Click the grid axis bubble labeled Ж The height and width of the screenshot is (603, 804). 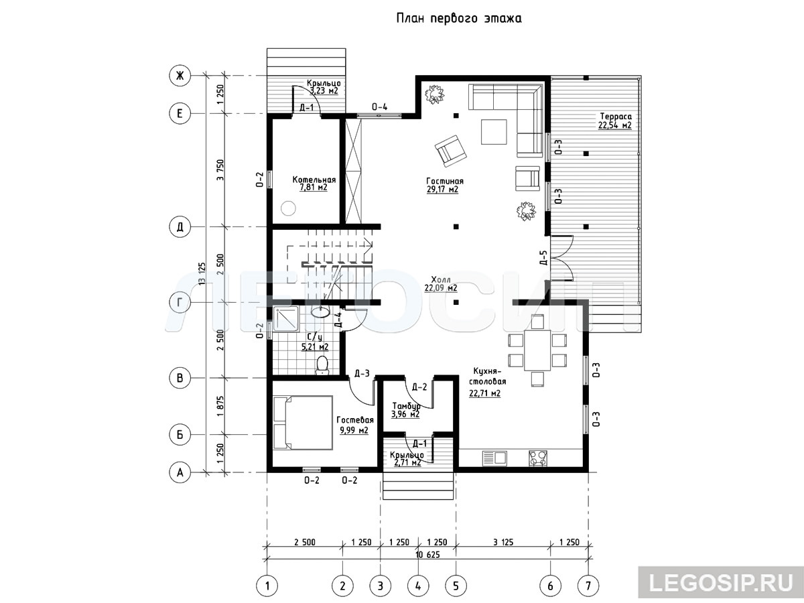pos(180,76)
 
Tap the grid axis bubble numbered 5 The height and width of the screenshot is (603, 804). pos(456,586)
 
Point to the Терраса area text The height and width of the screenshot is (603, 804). pos(615,121)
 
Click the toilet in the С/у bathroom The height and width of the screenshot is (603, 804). pos(322,365)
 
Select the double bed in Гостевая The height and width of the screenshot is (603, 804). pos(303,422)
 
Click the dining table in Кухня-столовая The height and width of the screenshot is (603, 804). pos(537,350)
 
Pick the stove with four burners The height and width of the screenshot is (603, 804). pos(538,458)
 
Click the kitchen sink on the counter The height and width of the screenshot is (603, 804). pos(494,458)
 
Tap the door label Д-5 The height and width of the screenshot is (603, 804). pos(543,258)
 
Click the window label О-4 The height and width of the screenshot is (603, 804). pos(379,107)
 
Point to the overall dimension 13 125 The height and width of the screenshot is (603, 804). pos(202,273)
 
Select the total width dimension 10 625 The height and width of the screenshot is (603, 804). pos(427,554)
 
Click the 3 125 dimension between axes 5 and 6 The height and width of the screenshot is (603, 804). pos(503,542)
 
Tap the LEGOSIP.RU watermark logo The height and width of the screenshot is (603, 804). pos(721,582)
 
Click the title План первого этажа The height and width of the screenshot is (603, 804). pos(459,18)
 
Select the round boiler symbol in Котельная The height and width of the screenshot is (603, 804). pos(288,208)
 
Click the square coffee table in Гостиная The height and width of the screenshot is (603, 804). pos(494,132)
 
